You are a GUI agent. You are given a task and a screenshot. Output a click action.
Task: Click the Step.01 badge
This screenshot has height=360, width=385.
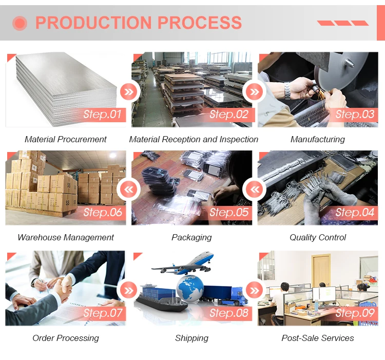(102, 115)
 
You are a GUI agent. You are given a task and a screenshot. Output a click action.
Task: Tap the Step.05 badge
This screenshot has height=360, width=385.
(228, 213)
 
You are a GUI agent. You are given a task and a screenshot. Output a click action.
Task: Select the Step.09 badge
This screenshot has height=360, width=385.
(355, 313)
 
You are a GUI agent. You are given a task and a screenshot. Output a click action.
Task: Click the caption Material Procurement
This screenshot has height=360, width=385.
(66, 139)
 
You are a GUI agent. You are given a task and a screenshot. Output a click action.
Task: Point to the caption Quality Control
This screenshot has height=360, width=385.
(318, 237)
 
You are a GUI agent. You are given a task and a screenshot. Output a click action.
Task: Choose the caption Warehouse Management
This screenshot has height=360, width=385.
(66, 237)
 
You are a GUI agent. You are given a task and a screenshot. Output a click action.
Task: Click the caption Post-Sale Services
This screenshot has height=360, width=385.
(318, 338)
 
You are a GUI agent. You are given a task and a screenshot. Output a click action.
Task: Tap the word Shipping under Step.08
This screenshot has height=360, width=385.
(191, 338)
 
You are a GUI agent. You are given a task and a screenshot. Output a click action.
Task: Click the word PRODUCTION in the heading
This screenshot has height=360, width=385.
(93, 23)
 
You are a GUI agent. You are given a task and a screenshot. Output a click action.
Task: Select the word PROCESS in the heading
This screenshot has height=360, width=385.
(200, 23)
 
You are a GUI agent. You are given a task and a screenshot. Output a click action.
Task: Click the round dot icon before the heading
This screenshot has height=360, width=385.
(20, 23)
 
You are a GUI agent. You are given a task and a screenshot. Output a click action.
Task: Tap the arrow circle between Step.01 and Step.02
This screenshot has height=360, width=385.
(128, 92)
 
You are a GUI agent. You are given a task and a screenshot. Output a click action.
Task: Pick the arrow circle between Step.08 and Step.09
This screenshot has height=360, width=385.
(255, 291)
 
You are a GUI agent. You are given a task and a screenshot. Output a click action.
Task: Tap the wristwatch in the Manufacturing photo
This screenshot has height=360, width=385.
(288, 90)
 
